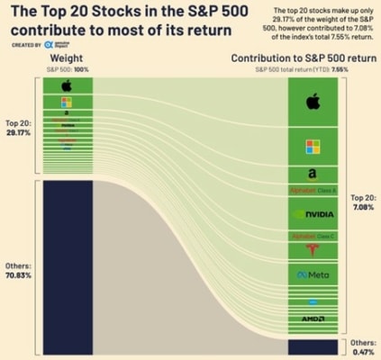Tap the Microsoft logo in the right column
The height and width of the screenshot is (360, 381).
[x=313, y=146]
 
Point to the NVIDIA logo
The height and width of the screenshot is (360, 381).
[x=313, y=214]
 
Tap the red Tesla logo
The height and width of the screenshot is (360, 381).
[x=313, y=251]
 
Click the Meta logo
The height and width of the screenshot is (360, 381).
[x=313, y=274]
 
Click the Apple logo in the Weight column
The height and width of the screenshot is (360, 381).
[x=67, y=86]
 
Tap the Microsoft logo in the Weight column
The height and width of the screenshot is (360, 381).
[x=67, y=102]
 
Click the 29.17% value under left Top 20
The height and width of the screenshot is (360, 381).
[x=19, y=130]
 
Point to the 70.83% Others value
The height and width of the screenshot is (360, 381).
[x=19, y=276]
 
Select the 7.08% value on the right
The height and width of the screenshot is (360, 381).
[x=361, y=205]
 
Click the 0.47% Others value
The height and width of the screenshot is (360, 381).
[x=361, y=351]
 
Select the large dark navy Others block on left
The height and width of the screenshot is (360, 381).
[x=67, y=267]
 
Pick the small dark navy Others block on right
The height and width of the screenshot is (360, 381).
[x=313, y=346]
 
